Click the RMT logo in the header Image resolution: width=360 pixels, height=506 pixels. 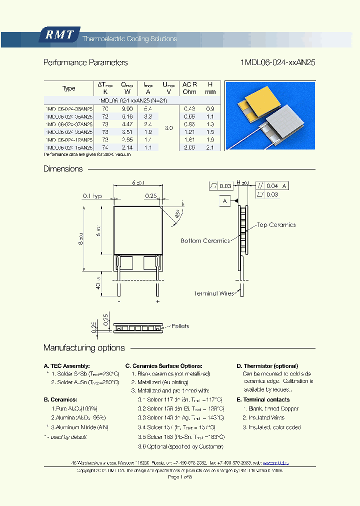[x=59, y=35]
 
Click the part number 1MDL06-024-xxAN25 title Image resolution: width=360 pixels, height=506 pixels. [x=277, y=63]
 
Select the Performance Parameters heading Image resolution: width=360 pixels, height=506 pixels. [x=85, y=63]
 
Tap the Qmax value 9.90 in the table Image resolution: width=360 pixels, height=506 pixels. [x=128, y=108]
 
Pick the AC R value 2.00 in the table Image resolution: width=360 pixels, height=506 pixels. [x=189, y=147]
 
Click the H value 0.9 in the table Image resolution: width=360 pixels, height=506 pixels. [x=210, y=108]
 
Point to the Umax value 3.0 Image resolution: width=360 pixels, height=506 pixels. [x=168, y=128]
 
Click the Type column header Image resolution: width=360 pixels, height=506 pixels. [x=69, y=88]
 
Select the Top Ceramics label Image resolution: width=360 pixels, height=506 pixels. [x=276, y=225]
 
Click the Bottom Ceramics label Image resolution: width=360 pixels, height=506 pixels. [x=205, y=240]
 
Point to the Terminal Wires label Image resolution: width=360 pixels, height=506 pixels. [x=214, y=293]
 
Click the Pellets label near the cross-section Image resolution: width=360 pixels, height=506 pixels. [x=180, y=326]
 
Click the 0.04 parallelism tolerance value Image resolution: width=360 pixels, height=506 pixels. [x=272, y=186]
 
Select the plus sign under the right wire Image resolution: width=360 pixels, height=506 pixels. [x=157, y=301]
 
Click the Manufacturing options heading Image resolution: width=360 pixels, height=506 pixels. [x=84, y=348]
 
